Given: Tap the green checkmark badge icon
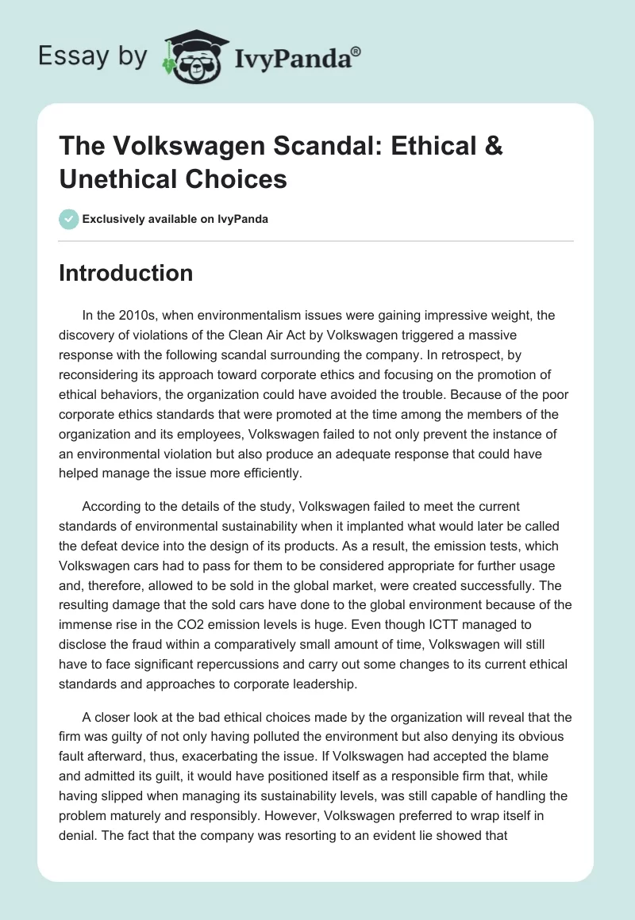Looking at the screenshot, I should tap(68, 219).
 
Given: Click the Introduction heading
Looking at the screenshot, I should tap(126, 273).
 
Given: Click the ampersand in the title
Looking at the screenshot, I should tap(492, 148).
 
